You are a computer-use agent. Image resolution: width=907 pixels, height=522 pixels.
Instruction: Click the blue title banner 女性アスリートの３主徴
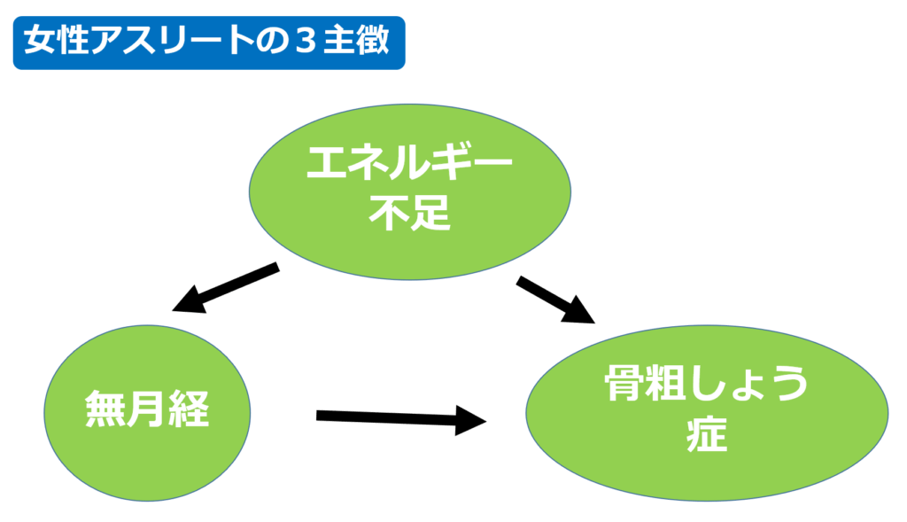pos(209,43)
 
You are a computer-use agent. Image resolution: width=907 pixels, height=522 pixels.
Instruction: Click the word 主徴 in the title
pos(356,41)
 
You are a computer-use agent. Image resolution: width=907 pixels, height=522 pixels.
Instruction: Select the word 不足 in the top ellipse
pos(409,213)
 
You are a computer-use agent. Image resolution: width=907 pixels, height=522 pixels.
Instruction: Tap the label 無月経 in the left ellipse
pos(147,409)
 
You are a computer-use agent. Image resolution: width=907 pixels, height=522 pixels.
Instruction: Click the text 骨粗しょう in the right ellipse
pos(706,383)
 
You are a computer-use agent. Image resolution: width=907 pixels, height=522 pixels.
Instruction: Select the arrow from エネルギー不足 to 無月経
pos(226,288)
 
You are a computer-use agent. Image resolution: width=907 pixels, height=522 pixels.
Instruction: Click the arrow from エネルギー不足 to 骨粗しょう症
pos(556,300)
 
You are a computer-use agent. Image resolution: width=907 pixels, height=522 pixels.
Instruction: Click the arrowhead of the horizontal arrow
pos(471,421)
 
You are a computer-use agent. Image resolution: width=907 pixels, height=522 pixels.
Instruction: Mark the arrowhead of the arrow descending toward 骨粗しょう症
pos(580,311)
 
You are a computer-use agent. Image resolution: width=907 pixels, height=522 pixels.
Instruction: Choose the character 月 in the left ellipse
pos(147,409)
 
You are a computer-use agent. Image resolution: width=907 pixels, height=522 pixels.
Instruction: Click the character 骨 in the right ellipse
pos(624,383)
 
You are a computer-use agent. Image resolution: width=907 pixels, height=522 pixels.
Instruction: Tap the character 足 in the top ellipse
pos(430,213)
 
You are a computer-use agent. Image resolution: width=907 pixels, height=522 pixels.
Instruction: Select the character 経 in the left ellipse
pos(190,409)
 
